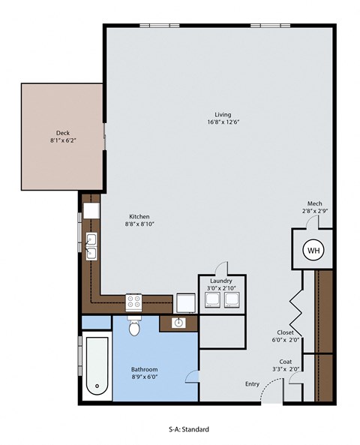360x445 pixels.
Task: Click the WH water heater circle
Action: pyautogui.click(x=312, y=249)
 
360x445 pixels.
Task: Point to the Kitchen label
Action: pyautogui.click(x=138, y=215)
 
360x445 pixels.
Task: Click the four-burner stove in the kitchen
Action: pyautogui.click(x=135, y=302)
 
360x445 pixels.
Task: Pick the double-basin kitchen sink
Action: pyautogui.click(x=91, y=246)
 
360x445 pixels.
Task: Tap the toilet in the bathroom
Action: pyautogui.click(x=135, y=328)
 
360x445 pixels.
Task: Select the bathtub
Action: pyautogui.click(x=96, y=368)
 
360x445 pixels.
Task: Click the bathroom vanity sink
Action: pyautogui.click(x=179, y=323)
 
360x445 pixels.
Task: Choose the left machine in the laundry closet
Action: pyautogui.click(x=213, y=300)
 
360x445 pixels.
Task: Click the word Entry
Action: pyautogui.click(x=252, y=384)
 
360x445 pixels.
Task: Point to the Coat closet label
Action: pyautogui.click(x=285, y=361)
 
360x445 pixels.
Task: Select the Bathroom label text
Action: pyautogui.click(x=144, y=370)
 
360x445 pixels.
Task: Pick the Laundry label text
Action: pyautogui.click(x=221, y=281)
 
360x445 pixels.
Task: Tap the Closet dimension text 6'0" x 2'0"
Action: pyautogui.click(x=285, y=339)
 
